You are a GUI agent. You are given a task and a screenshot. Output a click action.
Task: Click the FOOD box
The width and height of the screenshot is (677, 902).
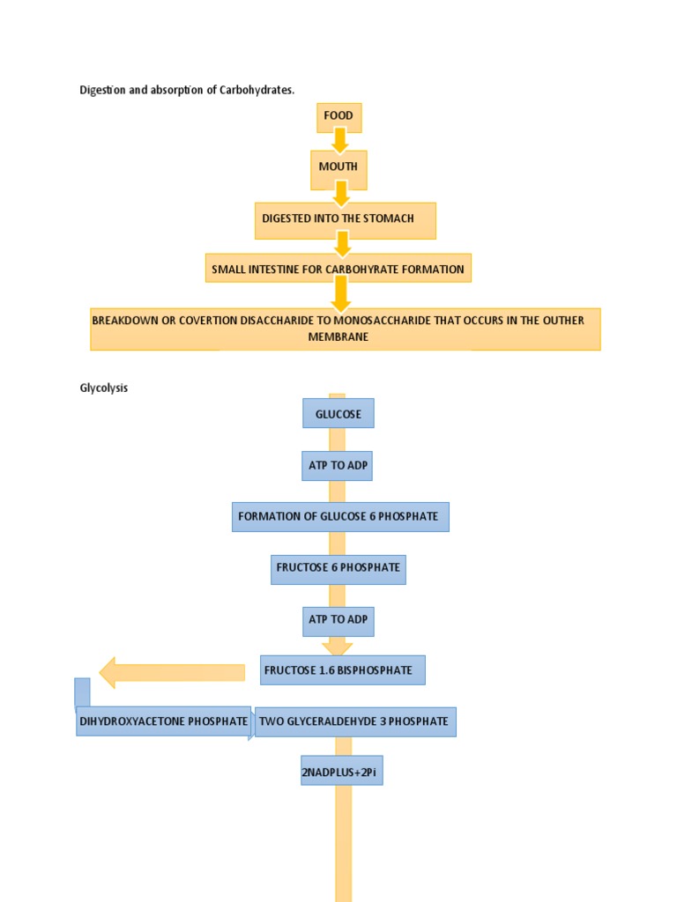pos(338,116)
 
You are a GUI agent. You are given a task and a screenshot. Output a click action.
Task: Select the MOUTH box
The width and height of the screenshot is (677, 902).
pos(338,168)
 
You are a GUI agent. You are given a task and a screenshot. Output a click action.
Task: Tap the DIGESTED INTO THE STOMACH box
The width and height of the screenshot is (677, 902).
pos(345,219)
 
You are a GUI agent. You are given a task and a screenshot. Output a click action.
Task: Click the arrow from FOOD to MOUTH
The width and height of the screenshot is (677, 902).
pos(339,139)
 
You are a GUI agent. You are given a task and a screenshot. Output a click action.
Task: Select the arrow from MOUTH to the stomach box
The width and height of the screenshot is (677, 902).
pos(340,193)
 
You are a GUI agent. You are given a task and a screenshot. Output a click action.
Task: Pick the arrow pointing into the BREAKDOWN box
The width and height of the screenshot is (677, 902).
pos(340,293)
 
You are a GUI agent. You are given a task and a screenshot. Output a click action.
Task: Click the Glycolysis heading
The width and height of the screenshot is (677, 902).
pos(103,388)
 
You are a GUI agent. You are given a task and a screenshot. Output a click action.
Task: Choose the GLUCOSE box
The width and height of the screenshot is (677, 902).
pos(338,414)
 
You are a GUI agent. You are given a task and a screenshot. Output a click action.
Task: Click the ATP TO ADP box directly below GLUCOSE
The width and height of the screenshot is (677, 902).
pos(338,466)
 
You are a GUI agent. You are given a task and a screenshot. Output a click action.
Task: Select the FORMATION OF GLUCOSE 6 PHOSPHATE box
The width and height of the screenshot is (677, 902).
pos(340,517)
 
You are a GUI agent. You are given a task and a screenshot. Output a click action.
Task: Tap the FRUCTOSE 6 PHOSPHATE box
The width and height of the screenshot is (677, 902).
pos(338,568)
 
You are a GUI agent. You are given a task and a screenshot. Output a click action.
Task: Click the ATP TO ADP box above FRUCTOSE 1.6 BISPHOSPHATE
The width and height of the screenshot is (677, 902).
pos(338,620)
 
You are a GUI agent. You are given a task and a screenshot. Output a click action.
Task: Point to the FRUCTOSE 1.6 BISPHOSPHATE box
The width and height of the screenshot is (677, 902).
pos(343,670)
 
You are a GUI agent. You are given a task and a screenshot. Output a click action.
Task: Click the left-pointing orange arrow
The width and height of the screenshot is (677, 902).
pos(172,672)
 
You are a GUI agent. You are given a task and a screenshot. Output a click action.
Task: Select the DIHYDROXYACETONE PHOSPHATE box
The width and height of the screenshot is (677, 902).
pos(164,721)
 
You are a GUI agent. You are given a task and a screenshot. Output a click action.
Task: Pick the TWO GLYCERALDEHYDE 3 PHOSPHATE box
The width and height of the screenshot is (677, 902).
pos(355,721)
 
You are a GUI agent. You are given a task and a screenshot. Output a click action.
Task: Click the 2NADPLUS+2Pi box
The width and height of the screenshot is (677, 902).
pos(342,773)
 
